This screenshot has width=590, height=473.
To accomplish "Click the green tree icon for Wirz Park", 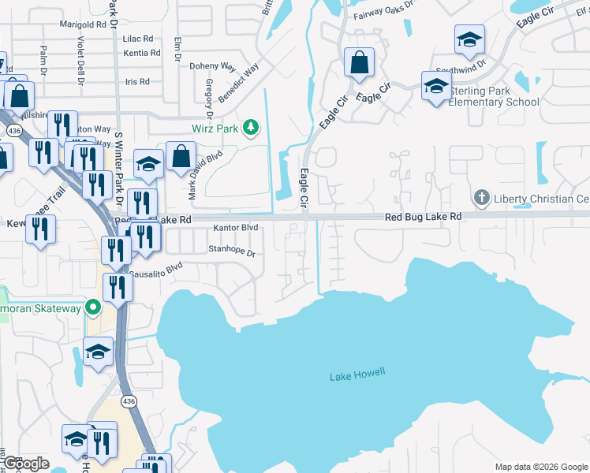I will click(250, 127).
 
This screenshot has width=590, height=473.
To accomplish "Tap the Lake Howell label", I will click(357, 374).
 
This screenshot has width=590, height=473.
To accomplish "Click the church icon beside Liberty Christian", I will click(480, 196).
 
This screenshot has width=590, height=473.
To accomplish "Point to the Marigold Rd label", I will click(83, 24).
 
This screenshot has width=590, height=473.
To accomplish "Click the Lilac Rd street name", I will click(137, 38).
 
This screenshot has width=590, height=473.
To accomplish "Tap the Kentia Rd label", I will click(142, 53).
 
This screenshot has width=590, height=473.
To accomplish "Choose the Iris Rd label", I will click(137, 81).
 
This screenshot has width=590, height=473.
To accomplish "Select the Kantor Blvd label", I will click(236, 228).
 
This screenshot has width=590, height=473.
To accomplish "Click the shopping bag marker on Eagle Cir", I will click(360, 63).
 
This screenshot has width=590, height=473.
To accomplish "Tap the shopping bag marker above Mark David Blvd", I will click(181, 156).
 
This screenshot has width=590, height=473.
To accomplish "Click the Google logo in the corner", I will click(25, 464).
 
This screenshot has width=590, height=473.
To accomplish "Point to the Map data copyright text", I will click(540, 467).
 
